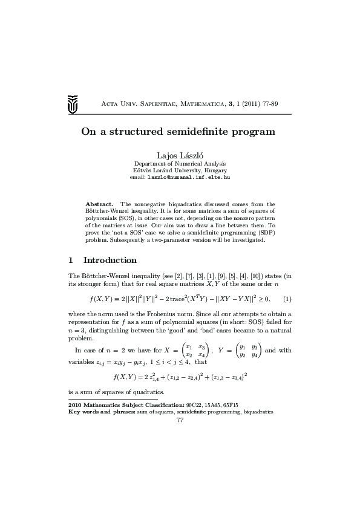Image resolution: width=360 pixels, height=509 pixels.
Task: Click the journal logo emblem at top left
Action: [73, 104]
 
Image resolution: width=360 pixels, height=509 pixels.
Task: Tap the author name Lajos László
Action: [180, 155]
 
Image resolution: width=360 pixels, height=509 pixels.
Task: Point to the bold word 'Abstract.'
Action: [99, 204]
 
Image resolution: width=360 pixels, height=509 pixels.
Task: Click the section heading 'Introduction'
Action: [110, 261]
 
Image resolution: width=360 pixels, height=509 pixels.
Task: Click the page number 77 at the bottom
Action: [180, 420]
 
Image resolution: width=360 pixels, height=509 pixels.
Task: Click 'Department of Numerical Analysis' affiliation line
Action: [180, 164]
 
